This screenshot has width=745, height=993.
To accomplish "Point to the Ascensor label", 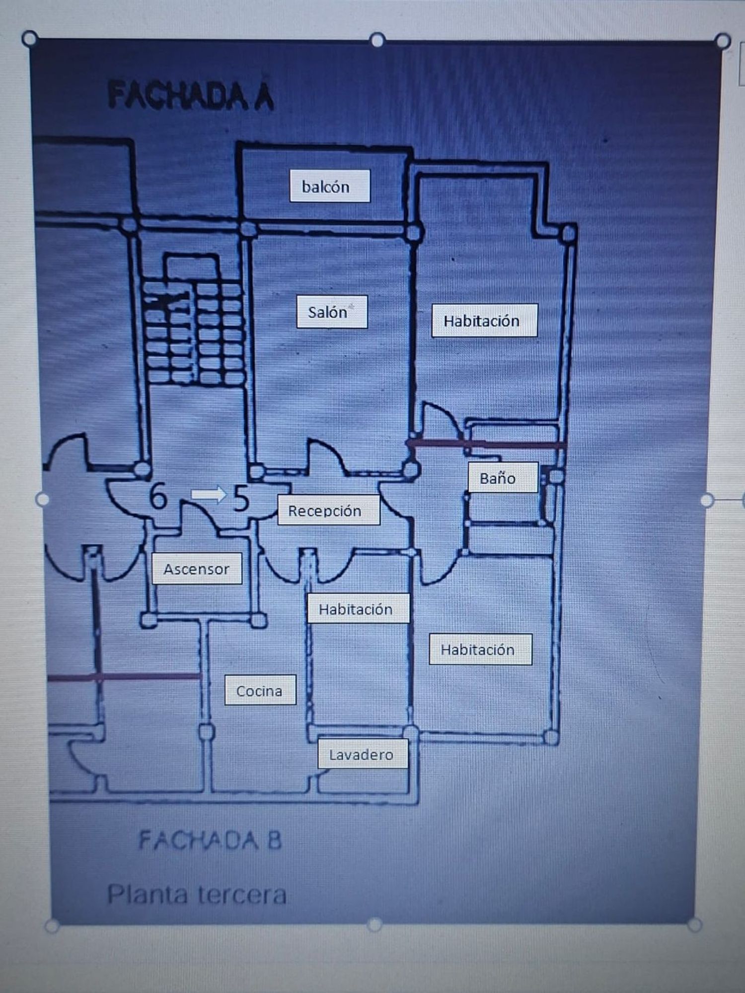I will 197,568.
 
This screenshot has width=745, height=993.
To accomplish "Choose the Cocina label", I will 260,690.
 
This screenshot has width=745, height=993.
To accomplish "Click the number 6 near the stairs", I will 158,496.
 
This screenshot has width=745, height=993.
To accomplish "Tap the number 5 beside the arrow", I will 241,498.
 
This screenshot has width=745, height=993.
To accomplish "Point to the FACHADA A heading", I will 191,95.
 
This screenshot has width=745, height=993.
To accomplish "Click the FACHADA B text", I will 210,840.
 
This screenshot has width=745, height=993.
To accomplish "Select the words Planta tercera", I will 197,894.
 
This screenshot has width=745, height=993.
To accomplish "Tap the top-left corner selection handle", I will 30,38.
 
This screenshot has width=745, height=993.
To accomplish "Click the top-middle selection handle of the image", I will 377,39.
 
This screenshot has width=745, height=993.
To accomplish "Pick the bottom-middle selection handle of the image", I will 374,924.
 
